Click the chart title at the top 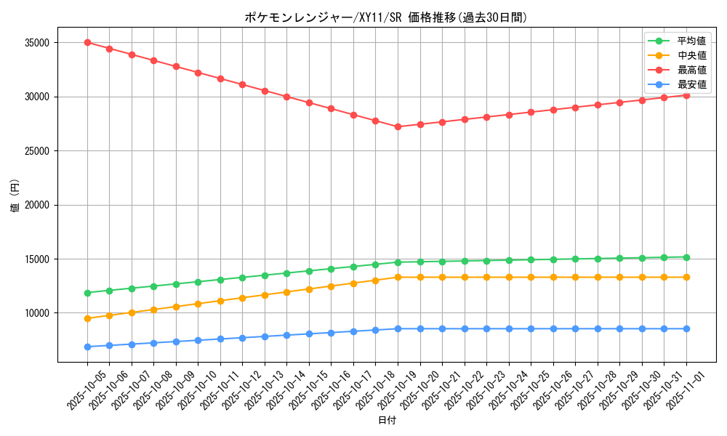point(386,17)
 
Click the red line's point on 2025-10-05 point(87,42)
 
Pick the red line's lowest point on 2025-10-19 point(398,126)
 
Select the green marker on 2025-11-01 point(686,257)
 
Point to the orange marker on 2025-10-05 point(87,318)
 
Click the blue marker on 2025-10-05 point(87,347)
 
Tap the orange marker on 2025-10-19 point(398,277)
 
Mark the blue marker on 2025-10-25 point(531,328)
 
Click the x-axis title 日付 point(387,421)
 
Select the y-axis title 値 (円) point(15,196)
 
